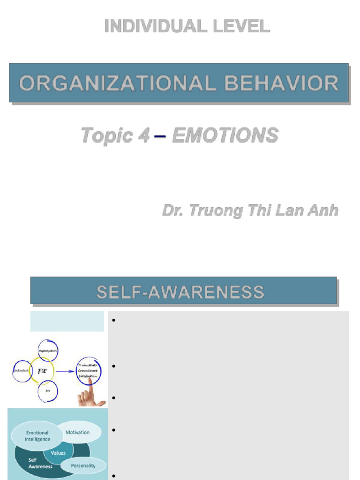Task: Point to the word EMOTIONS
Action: pyautogui.click(x=225, y=135)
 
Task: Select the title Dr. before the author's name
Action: pyautogui.click(x=173, y=210)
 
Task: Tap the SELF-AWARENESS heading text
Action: pyautogui.click(x=180, y=292)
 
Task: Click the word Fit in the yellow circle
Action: pyautogui.click(x=43, y=371)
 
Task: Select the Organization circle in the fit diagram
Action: pyautogui.click(x=48, y=350)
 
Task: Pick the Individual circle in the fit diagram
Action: pyautogui.click(x=21, y=370)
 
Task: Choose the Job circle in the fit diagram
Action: pyautogui.click(x=48, y=390)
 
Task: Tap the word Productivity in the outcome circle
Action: pyautogui.click(x=88, y=364)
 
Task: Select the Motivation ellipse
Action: pyautogui.click(x=78, y=432)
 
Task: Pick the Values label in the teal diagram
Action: pyautogui.click(x=58, y=453)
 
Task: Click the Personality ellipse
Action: pyautogui.click(x=83, y=465)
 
